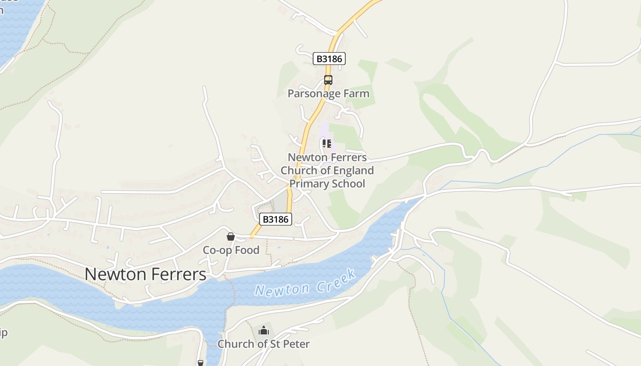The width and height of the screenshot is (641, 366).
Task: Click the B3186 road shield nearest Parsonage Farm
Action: click(x=329, y=59)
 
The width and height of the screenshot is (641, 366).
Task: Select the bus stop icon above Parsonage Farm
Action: click(x=328, y=80)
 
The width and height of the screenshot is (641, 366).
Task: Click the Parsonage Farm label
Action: click(x=328, y=94)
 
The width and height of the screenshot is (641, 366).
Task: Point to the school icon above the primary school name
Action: click(x=327, y=144)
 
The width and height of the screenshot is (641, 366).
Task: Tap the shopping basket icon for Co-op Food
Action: click(x=231, y=237)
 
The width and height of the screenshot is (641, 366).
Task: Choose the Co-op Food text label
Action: click(x=231, y=250)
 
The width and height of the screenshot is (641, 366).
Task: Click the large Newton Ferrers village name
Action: click(x=146, y=274)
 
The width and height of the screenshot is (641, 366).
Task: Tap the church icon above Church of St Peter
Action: click(x=264, y=330)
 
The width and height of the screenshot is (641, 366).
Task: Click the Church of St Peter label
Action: click(x=263, y=344)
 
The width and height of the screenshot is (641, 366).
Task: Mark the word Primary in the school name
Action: click(x=308, y=184)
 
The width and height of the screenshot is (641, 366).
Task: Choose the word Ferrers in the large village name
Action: click(x=179, y=274)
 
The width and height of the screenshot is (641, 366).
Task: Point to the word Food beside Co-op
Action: click(x=247, y=250)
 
